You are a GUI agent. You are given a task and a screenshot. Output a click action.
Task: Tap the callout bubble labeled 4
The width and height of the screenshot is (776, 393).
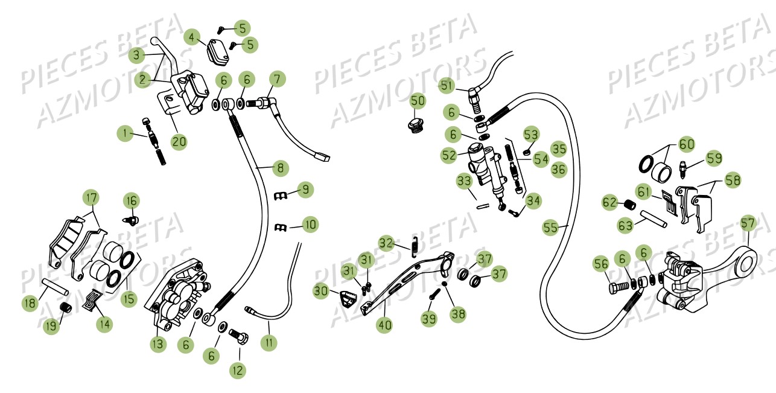click(x=192, y=37)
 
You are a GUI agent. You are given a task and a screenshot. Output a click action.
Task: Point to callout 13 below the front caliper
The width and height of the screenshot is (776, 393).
click(x=158, y=344)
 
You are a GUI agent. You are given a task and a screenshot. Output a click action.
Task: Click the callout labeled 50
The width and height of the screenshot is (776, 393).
click(x=418, y=101)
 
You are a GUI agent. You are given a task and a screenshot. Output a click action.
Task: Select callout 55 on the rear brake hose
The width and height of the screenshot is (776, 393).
click(x=550, y=228)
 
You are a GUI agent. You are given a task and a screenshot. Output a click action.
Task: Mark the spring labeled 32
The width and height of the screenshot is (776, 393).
click(x=415, y=248)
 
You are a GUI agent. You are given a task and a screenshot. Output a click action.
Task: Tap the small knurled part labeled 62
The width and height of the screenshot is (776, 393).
click(x=629, y=205)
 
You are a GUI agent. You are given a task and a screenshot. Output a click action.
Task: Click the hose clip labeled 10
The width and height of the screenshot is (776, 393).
click(x=280, y=228)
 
